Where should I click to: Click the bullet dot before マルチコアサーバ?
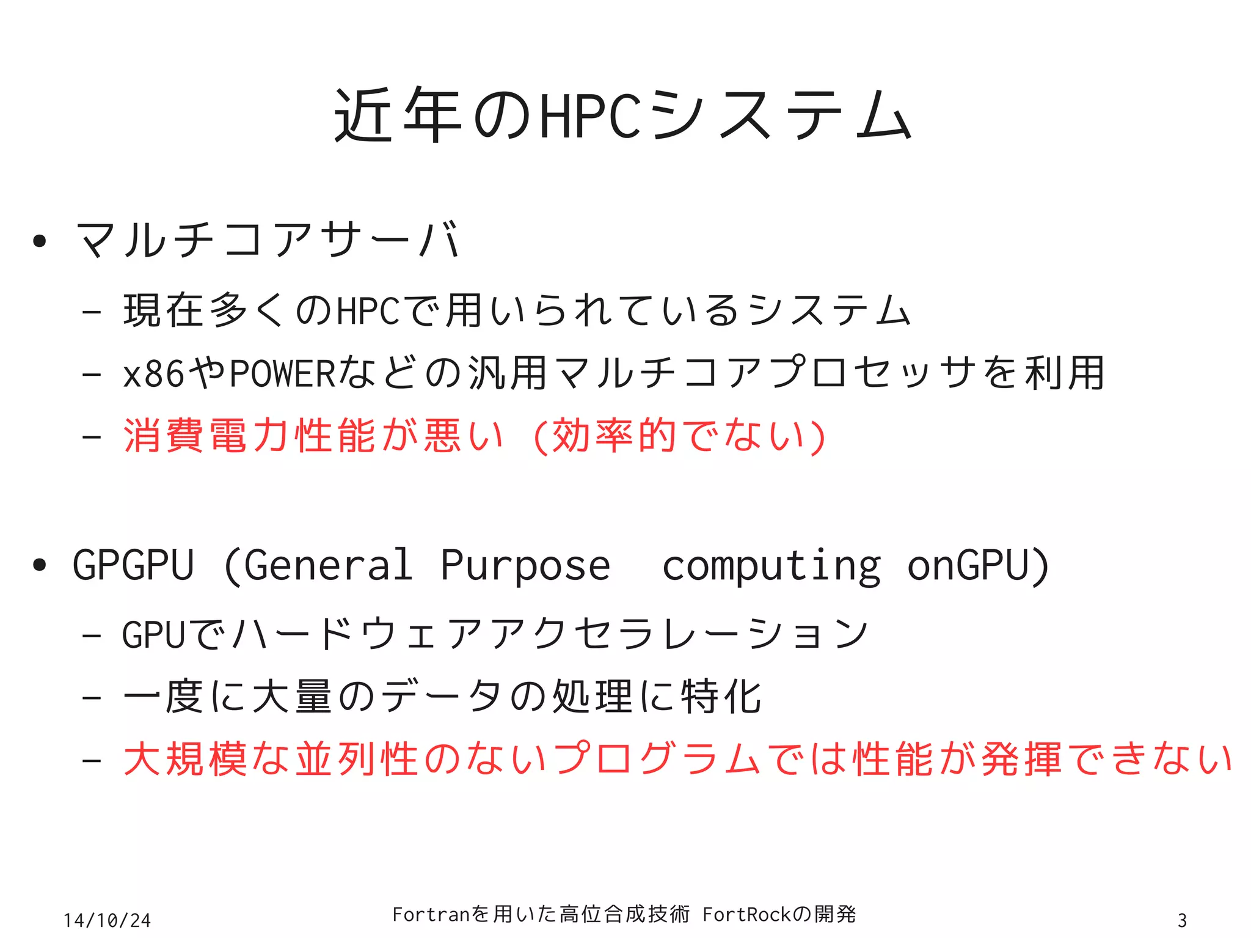40,241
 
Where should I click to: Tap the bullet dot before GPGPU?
40,565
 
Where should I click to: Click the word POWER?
283,373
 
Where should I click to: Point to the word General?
327,565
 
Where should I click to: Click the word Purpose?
525,565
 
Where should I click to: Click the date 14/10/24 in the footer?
108,920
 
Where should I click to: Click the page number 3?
1182,920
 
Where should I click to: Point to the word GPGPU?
133,565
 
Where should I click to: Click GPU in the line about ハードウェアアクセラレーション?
153,634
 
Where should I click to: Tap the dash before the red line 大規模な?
92,761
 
